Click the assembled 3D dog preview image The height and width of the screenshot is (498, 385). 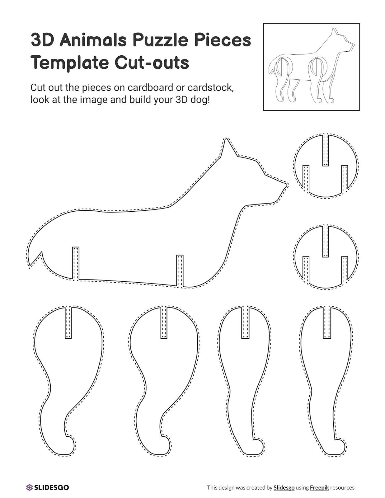(312, 67)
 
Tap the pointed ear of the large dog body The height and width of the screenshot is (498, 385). (226, 147)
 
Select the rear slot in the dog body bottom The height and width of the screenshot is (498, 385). (76, 264)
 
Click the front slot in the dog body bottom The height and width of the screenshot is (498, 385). (180, 271)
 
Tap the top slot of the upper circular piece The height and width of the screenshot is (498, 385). (326, 150)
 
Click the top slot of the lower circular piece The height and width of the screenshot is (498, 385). (326, 241)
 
